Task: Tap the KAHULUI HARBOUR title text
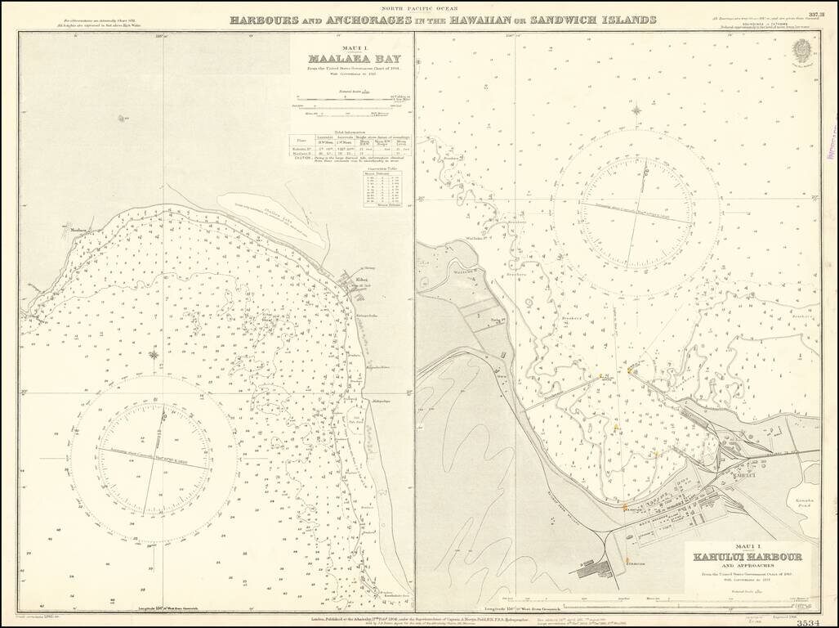point(748,558)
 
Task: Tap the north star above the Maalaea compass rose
point(153,354)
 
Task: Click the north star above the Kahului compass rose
point(636,108)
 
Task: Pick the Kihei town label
point(360,282)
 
